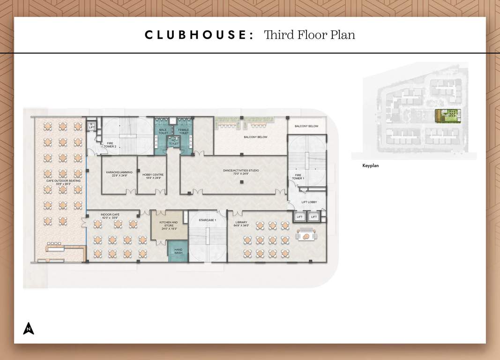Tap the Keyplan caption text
coord(370,165)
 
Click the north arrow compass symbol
coord(29,328)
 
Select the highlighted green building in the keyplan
coord(448,115)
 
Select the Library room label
coord(241,224)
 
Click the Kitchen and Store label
coord(168,224)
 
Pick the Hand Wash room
coord(178,251)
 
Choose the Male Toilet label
coord(163,131)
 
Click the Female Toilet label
coord(184,131)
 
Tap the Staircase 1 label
coord(207,220)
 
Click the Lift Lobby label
coord(309,202)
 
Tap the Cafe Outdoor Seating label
coord(63,182)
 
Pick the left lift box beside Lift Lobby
coord(299,217)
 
